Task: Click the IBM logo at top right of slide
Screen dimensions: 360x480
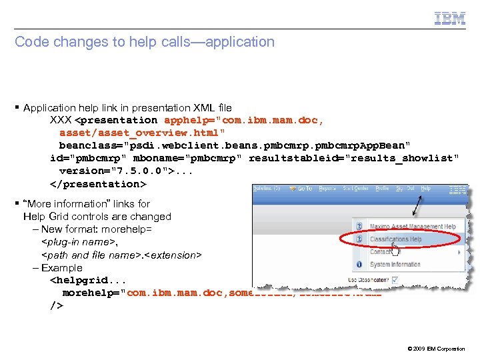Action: (450, 19)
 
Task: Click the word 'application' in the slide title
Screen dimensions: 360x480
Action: (240, 42)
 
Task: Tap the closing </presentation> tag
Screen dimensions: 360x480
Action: (98, 184)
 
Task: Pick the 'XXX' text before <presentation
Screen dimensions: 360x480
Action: (61, 121)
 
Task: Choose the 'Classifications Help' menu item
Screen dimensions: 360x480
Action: (395, 239)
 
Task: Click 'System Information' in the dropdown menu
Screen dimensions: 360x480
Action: (395, 264)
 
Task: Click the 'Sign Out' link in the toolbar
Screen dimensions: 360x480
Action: (405, 189)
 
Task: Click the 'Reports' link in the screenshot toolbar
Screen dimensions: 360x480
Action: (328, 189)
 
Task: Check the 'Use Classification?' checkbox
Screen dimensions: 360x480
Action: (395, 280)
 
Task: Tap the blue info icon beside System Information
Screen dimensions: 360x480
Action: (358, 264)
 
